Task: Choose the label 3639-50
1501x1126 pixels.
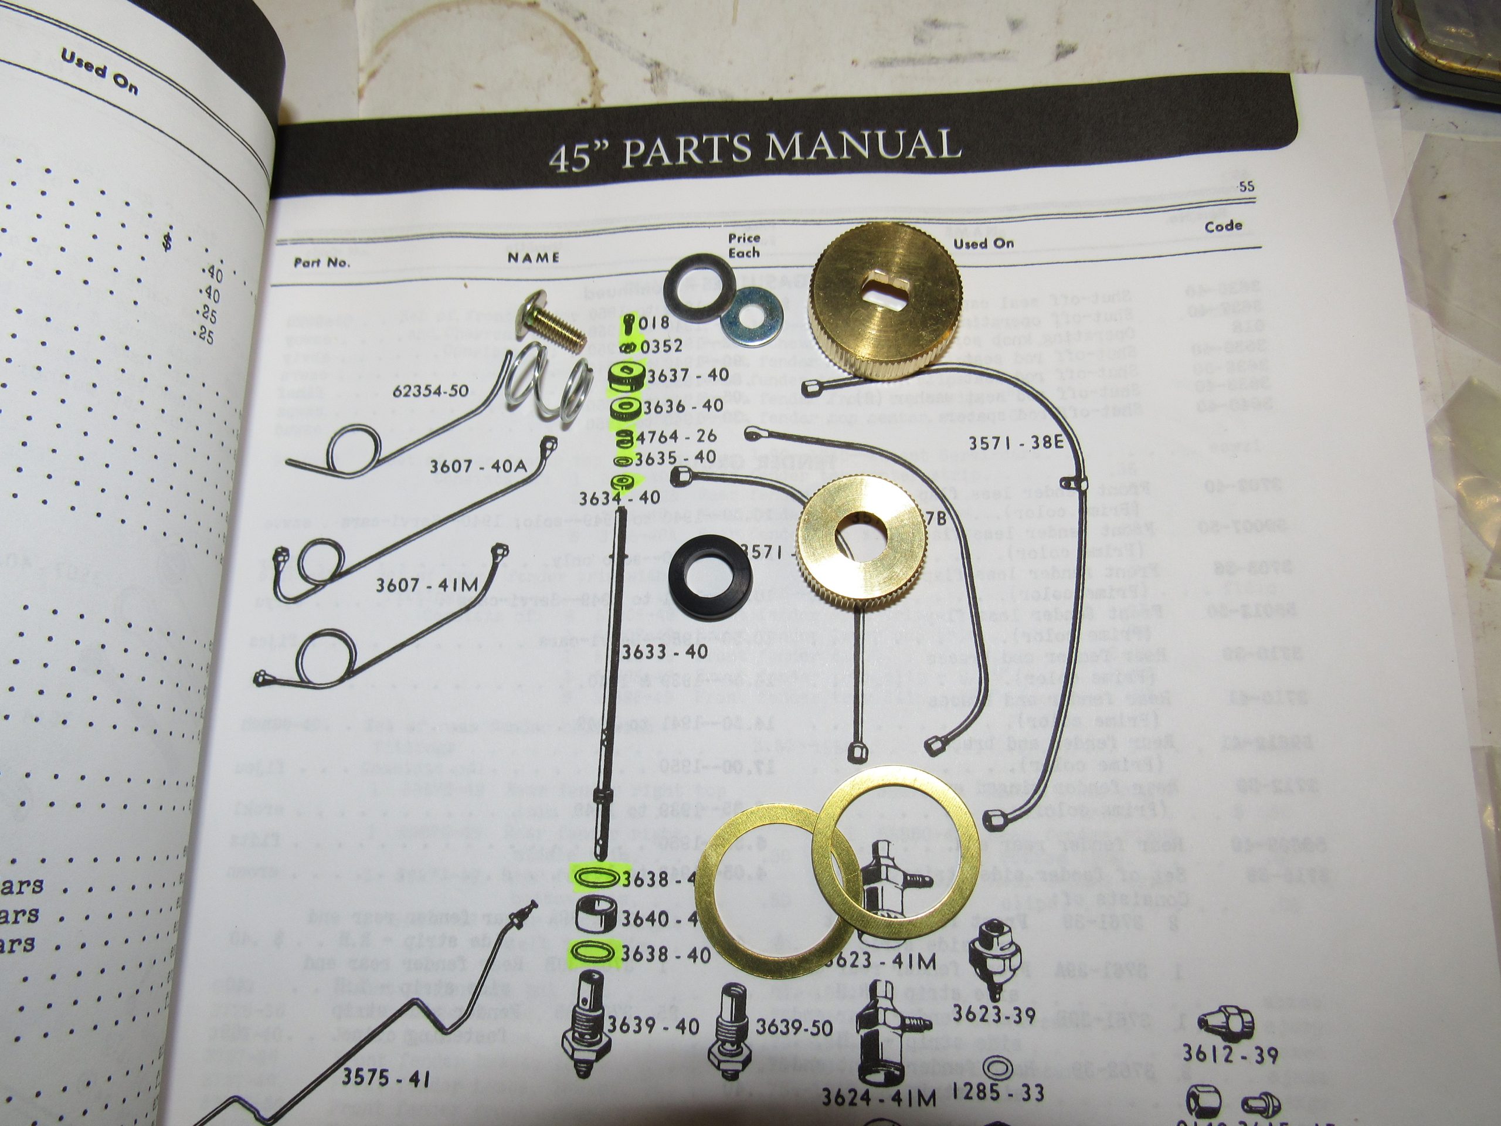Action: pos(794,1027)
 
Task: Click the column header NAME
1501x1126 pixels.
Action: pos(534,257)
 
